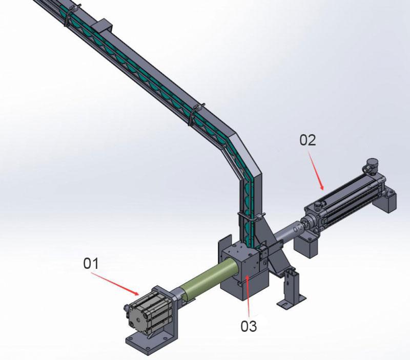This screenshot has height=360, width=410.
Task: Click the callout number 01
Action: coord(91,263)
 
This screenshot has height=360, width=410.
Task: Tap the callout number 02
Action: coord(307,140)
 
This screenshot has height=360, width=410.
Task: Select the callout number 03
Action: coord(249,326)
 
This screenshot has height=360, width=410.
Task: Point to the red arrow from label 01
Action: coord(115,284)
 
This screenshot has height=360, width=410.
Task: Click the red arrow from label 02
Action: coord(316,171)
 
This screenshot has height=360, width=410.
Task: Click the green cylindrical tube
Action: coord(209,279)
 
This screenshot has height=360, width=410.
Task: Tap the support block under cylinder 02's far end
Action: coord(384,198)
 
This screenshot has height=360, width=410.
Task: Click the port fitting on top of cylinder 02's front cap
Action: coord(318,204)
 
